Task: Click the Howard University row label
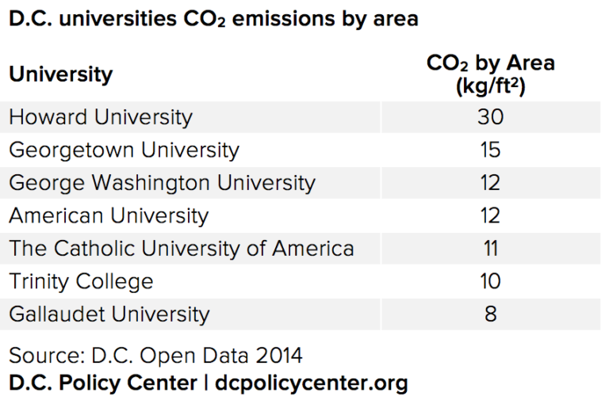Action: click(x=101, y=117)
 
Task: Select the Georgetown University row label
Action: click(x=124, y=150)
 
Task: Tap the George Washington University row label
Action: click(x=162, y=183)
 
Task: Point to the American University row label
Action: click(x=109, y=215)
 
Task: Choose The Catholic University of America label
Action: click(x=182, y=248)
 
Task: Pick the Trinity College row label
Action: click(x=81, y=281)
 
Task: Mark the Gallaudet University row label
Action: click(x=109, y=314)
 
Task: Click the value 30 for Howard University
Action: click(x=490, y=117)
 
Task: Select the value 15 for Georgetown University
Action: click(x=490, y=150)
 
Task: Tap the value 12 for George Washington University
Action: click(x=490, y=183)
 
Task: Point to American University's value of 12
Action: click(x=490, y=215)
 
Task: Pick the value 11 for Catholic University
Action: click(x=490, y=248)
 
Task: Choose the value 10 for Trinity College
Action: click(x=490, y=281)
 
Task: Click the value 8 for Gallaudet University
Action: click(x=490, y=314)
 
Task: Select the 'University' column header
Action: click(x=61, y=74)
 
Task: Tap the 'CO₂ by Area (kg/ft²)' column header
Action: click(x=490, y=74)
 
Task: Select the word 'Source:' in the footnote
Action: click(x=43, y=353)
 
